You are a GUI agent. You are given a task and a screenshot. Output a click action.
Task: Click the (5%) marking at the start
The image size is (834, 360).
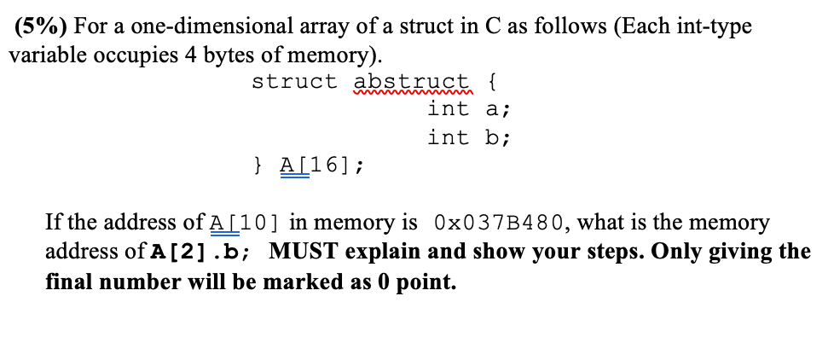point(42,26)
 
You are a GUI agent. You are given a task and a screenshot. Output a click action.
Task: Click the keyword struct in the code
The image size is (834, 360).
point(294,83)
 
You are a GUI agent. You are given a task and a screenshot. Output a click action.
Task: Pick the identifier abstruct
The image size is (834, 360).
point(412,83)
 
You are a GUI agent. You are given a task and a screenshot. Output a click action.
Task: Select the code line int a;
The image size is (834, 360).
point(469,109)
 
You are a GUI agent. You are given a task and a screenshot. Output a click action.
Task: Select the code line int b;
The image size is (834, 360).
point(469,137)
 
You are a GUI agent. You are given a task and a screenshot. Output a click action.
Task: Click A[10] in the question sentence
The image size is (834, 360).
point(246,224)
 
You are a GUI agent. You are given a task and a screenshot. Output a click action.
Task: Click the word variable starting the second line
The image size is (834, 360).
point(44,55)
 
